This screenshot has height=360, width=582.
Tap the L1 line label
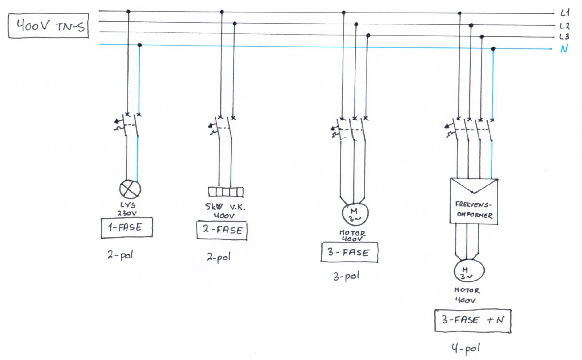[566, 14]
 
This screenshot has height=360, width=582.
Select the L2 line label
[566, 26]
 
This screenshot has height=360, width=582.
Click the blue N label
[564, 49]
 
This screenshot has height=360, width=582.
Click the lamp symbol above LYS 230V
[129, 189]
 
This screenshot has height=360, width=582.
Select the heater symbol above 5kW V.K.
[226, 192]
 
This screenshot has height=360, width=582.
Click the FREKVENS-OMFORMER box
[474, 201]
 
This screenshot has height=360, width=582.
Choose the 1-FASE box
[127, 228]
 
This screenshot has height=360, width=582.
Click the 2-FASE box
[222, 230]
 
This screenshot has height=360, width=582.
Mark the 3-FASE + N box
[473, 321]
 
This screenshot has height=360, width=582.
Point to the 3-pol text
[346, 276]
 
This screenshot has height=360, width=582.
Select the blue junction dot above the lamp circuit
[140, 45]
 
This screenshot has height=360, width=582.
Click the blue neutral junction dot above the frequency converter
[493, 49]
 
